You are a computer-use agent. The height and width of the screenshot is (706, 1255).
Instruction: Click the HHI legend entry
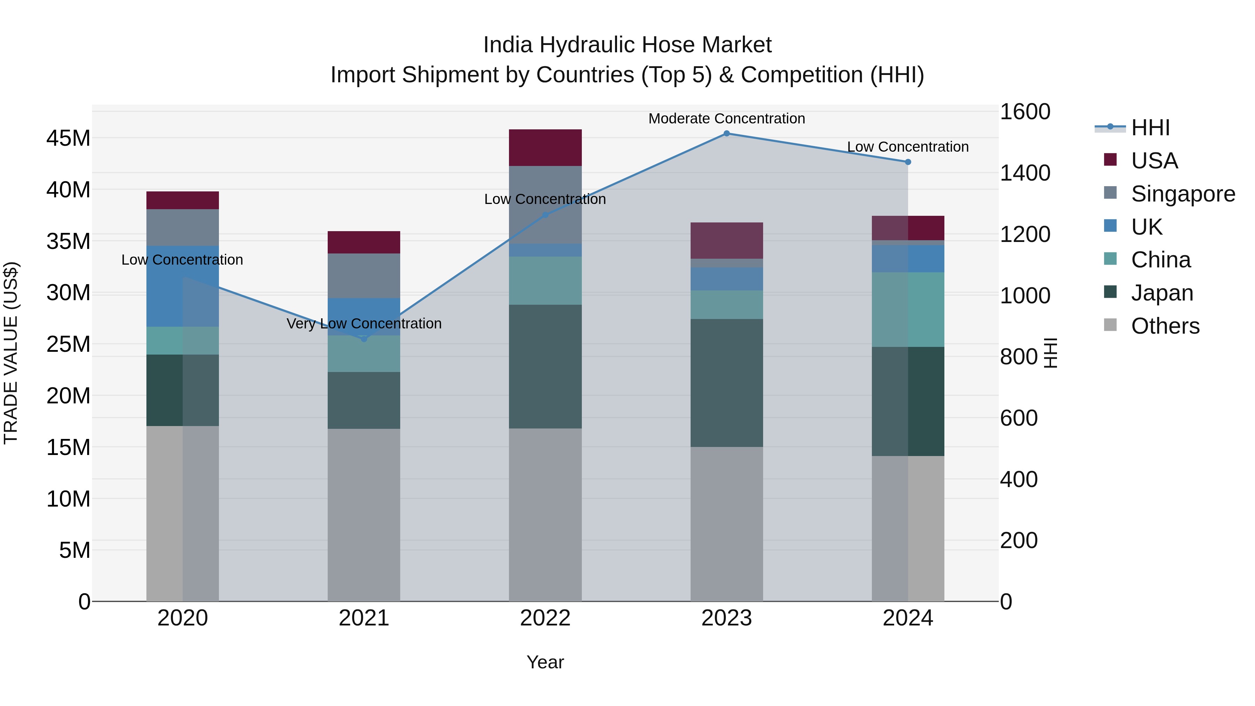[x=1150, y=128]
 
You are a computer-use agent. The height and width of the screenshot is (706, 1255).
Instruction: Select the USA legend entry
[x=1154, y=161]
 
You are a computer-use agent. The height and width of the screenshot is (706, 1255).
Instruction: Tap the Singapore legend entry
[x=1182, y=194]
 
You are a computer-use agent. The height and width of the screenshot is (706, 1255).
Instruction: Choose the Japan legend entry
[x=1162, y=293]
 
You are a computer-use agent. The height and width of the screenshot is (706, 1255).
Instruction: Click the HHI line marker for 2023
[x=727, y=134]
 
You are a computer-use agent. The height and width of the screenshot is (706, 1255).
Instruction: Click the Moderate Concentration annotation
[x=727, y=119]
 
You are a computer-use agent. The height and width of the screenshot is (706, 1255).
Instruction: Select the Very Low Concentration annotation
[x=364, y=324]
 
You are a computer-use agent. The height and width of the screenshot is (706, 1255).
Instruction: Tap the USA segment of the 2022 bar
[x=545, y=147]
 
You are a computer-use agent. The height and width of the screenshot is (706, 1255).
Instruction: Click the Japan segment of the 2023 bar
[x=727, y=383]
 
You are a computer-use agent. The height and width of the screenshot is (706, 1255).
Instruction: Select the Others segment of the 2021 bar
[x=364, y=515]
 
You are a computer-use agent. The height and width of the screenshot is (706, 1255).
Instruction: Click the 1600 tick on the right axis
[x=1025, y=112]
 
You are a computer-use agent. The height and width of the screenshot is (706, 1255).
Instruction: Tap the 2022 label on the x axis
[x=545, y=618]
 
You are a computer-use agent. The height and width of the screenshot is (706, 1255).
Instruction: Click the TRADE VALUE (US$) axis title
[x=11, y=353]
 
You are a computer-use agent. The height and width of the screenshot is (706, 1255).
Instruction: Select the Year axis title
[x=545, y=662]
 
